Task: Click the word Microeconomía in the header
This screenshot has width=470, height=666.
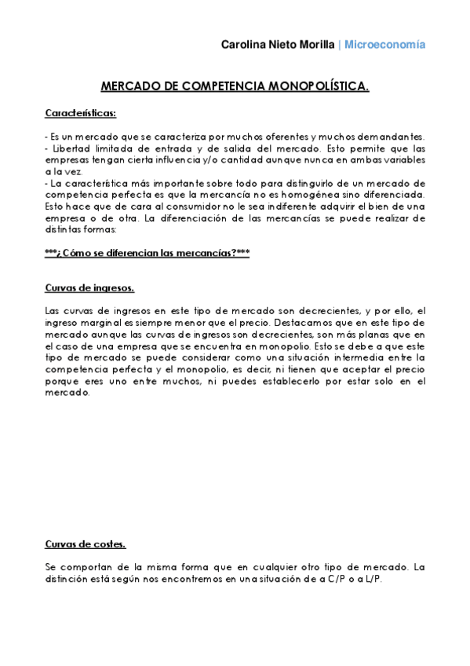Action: (386, 45)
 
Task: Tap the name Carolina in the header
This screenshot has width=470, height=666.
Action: (245, 45)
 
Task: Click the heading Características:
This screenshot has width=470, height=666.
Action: (81, 113)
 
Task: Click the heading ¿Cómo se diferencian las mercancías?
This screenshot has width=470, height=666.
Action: (148, 253)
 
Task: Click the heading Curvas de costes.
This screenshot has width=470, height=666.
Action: (85, 544)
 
